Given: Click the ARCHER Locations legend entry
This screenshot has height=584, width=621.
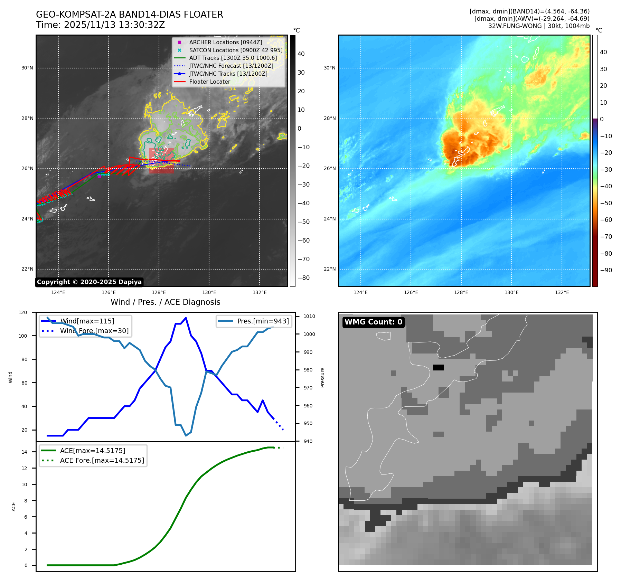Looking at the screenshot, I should (225, 42).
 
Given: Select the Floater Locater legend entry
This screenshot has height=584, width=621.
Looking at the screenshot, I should (209, 82).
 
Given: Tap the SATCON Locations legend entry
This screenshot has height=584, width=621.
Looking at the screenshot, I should (236, 50).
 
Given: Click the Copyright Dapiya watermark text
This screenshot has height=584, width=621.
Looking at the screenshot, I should (89, 282).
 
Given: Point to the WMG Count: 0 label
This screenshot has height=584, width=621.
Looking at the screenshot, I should (373, 322).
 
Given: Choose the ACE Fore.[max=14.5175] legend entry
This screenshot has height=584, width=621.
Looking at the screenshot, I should (102, 460).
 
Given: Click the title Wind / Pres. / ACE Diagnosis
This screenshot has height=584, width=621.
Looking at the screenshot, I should (165, 302).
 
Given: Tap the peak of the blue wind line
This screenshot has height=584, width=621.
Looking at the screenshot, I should (186, 318).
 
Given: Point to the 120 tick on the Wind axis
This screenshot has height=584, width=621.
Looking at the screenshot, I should (23, 312).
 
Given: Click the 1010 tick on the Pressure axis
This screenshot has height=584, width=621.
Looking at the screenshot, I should (309, 316).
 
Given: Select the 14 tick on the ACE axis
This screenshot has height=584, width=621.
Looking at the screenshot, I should (24, 452).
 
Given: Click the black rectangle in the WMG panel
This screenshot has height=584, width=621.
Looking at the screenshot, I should (438, 367).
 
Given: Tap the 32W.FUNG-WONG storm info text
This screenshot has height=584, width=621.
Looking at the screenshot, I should (539, 26).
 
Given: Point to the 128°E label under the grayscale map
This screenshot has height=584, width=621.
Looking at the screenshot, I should (159, 292).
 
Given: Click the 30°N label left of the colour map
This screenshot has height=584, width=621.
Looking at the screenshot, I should (329, 68).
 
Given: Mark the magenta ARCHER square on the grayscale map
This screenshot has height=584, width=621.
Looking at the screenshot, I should (99, 176).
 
